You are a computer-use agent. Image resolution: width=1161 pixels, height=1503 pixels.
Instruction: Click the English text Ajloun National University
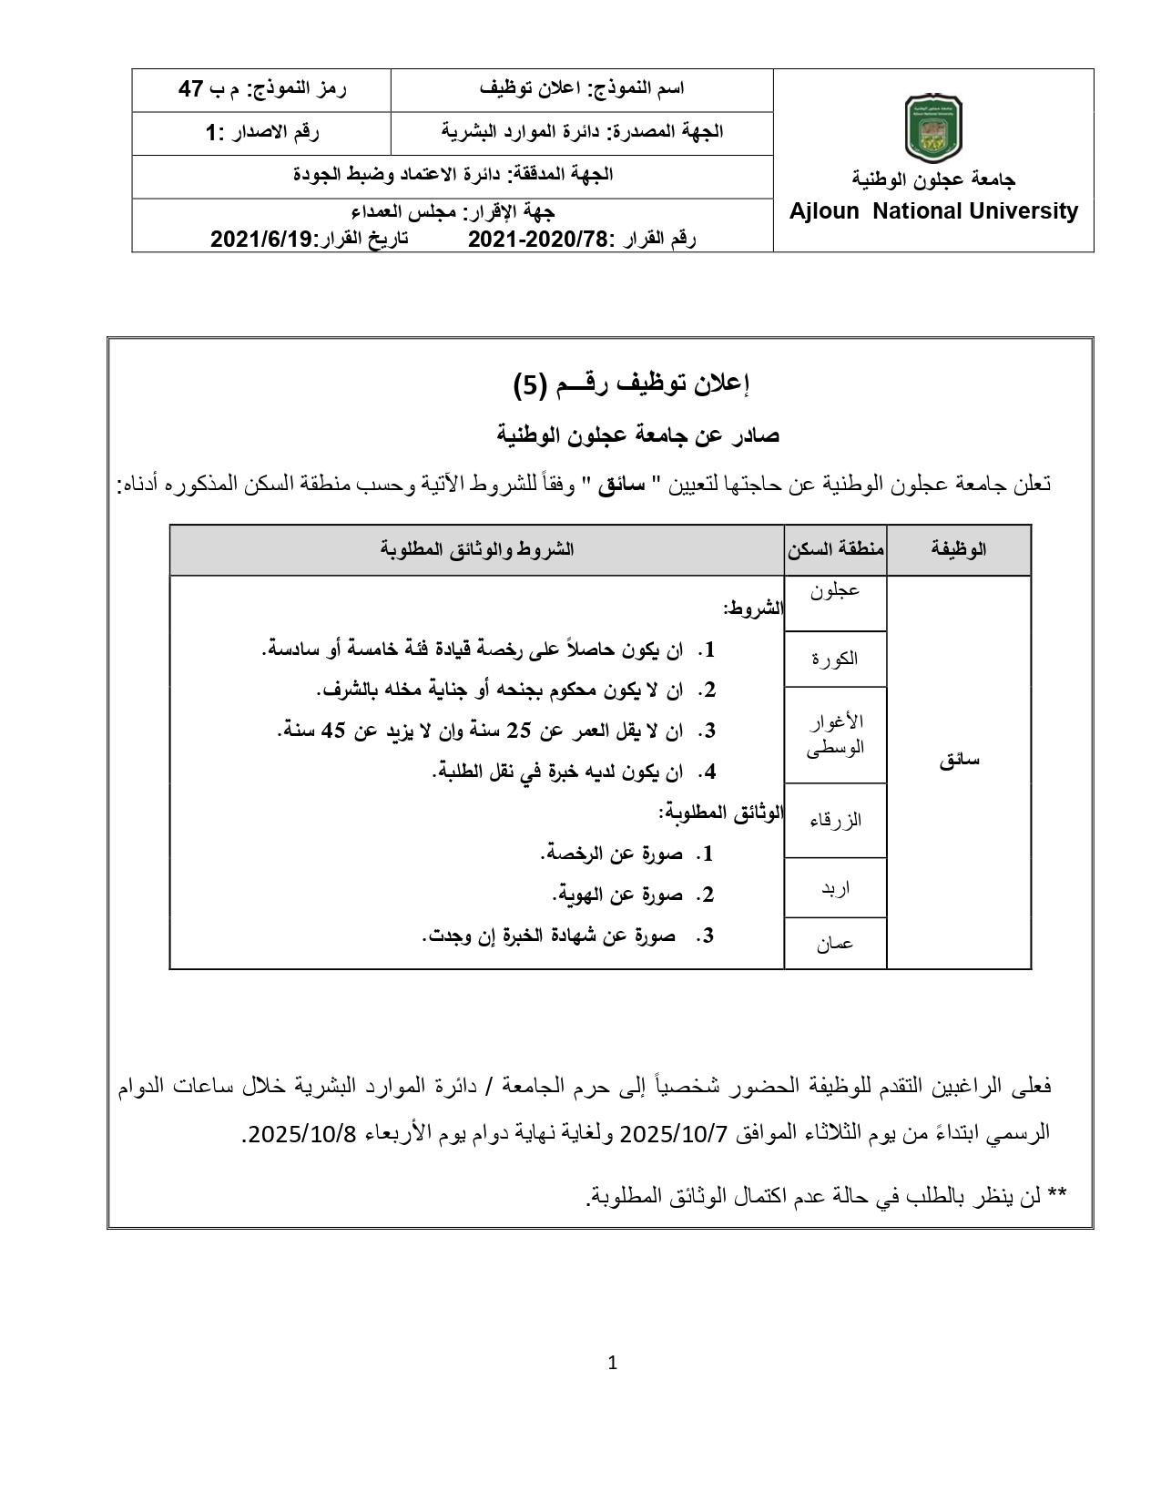[933, 211]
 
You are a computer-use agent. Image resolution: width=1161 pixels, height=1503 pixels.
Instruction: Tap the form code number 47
[191, 88]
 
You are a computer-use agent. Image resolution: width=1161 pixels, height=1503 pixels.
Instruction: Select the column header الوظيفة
[959, 549]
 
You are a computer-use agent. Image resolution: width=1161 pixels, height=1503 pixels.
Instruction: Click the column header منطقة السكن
[835, 549]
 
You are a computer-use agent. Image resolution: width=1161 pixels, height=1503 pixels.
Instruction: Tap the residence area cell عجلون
[835, 590]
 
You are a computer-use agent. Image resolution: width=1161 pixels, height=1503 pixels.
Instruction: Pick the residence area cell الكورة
[835, 659]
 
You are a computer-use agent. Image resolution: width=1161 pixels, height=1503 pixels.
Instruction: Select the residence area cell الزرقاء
[835, 820]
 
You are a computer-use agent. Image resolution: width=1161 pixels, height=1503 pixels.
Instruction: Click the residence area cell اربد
[835, 887]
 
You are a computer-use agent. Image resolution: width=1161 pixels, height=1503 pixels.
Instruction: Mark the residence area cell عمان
[835, 944]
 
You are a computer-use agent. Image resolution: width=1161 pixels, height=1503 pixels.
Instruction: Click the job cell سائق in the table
[959, 761]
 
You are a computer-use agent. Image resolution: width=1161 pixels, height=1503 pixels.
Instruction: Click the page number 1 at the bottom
[612, 1364]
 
